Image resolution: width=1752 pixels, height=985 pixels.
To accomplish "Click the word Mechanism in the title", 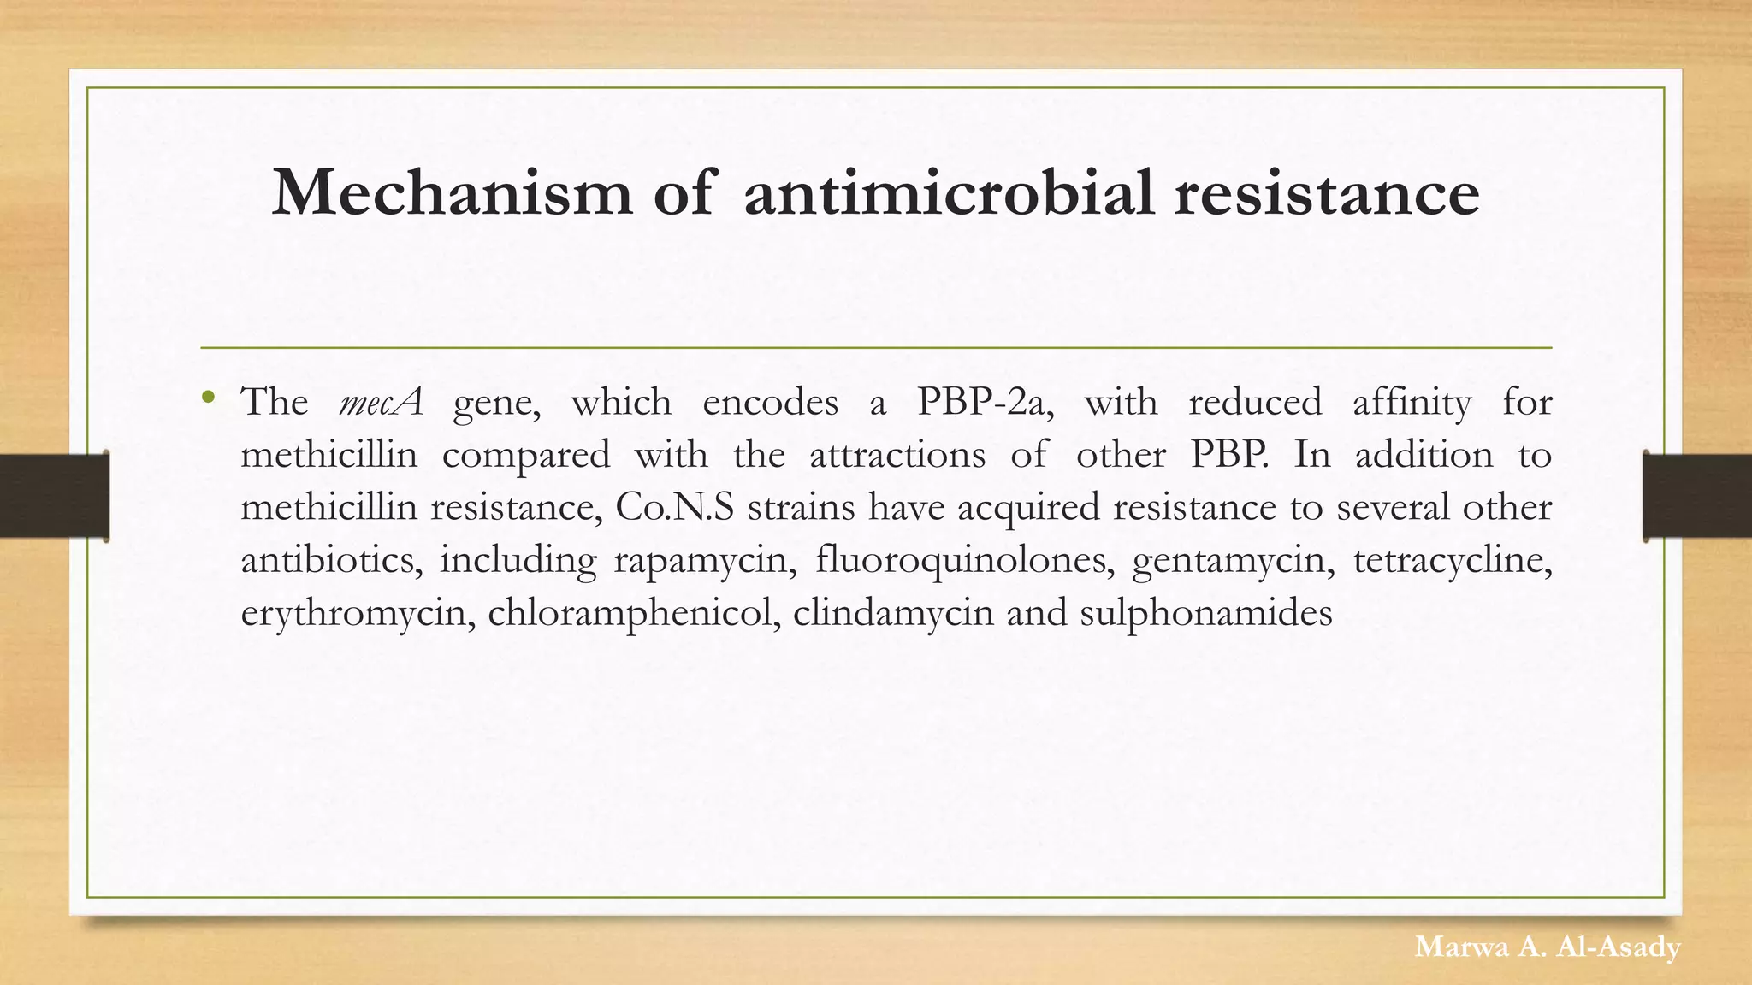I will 452,192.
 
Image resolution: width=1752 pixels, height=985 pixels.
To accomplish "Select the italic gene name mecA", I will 381,402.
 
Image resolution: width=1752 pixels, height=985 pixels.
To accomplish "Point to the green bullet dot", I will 209,397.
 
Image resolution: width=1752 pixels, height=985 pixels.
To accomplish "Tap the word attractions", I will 897,455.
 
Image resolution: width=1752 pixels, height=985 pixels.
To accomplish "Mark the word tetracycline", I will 1453,561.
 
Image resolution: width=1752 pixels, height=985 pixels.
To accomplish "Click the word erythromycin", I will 358,614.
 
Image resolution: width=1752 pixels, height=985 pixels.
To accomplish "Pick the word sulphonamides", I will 1206,614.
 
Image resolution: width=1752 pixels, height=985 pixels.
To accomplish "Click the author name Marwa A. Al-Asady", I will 1548,947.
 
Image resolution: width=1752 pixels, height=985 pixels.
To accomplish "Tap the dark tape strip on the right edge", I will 1697,496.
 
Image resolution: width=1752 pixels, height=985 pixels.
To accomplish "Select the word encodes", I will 770,402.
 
